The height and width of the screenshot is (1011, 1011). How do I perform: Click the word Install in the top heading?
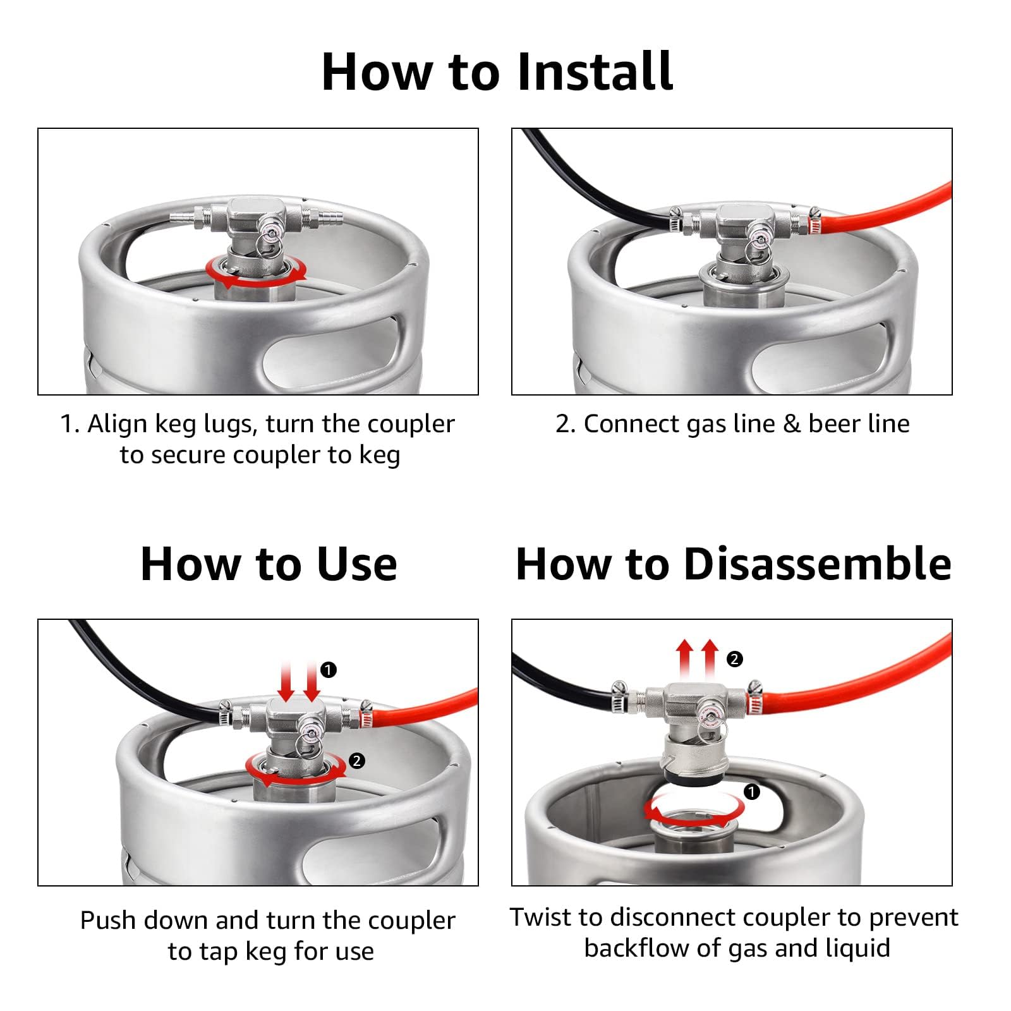tap(594, 71)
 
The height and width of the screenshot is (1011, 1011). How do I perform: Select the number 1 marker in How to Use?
tap(329, 670)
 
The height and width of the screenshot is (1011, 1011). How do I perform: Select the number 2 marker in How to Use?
tap(357, 761)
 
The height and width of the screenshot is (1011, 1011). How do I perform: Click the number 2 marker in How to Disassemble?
tap(734, 660)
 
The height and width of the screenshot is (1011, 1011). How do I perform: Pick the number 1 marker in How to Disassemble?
tap(752, 792)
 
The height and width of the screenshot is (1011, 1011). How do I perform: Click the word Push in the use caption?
tap(108, 921)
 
